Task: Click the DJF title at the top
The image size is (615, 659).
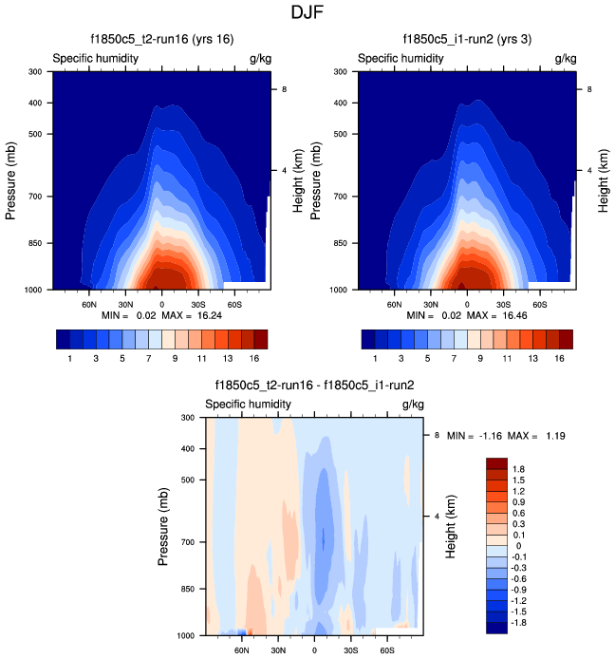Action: coord(307,13)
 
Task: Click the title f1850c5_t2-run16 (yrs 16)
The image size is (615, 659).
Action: coord(161,39)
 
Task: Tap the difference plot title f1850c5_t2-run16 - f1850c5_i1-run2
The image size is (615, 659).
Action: coord(314,386)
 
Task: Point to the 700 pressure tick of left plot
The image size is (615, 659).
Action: coord(37,197)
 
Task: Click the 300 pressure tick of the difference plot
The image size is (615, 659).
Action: coord(190,418)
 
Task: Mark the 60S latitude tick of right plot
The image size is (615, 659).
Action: coord(538,305)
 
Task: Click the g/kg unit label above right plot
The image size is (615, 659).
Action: coord(565,58)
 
